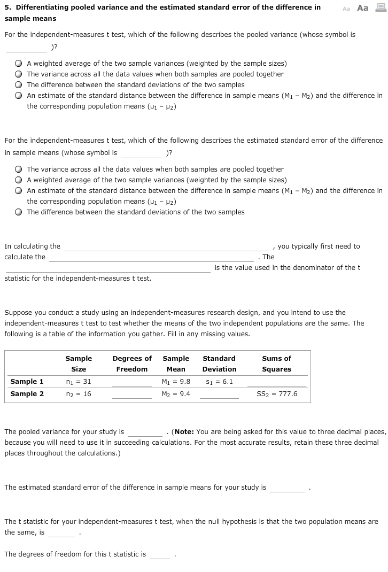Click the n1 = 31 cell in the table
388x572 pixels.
[79, 382]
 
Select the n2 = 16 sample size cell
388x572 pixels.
[79, 394]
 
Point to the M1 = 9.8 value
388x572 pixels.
[176, 382]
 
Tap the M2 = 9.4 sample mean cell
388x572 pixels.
[176, 394]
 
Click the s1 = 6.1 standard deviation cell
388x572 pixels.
[219, 382]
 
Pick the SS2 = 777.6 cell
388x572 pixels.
[277, 394]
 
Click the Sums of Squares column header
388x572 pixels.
[277, 364]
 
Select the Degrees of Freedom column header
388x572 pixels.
[132, 364]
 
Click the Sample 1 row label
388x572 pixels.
[27, 382]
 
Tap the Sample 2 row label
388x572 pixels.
[27, 394]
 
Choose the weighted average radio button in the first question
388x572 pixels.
[19, 64]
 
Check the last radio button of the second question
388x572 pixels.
[19, 212]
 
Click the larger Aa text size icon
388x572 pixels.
[363, 8]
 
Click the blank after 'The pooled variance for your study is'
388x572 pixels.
[145, 432]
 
